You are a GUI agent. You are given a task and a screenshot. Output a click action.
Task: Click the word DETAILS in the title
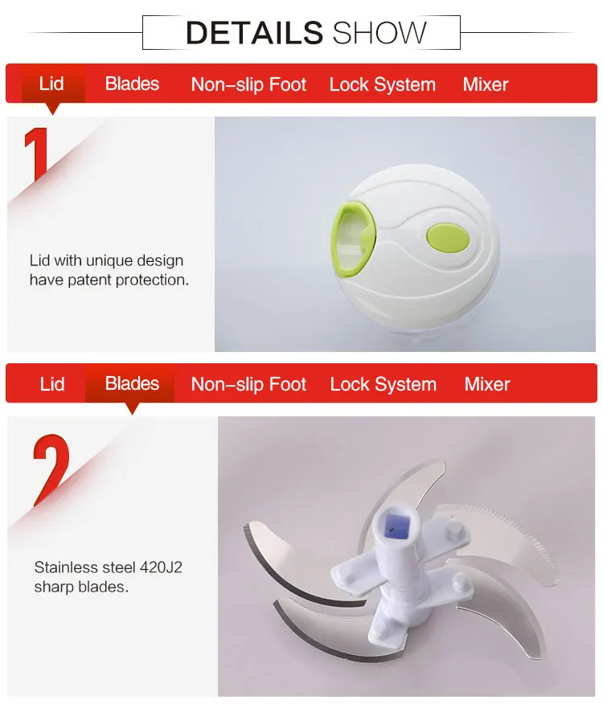pyautogui.click(x=254, y=33)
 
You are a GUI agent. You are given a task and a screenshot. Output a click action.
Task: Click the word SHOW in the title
pyautogui.click(x=379, y=33)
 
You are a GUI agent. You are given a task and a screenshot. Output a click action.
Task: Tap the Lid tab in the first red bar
pyautogui.click(x=51, y=84)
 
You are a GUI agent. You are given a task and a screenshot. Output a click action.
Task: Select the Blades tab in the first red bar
pyautogui.click(x=132, y=84)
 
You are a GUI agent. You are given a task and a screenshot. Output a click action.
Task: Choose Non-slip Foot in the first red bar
pyautogui.click(x=248, y=84)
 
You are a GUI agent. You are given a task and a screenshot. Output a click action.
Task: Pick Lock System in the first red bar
pyautogui.click(x=383, y=84)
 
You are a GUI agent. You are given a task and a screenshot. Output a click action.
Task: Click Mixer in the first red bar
pyautogui.click(x=486, y=84)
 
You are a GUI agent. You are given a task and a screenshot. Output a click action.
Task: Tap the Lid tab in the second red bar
pyautogui.click(x=52, y=384)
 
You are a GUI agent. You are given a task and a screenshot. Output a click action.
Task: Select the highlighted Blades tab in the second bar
pyautogui.click(x=132, y=383)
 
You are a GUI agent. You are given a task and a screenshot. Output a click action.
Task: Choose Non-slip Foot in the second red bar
pyautogui.click(x=248, y=384)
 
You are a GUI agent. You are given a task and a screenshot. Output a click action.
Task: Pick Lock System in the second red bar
pyautogui.click(x=384, y=384)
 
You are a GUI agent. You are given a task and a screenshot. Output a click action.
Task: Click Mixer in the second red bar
pyautogui.click(x=487, y=384)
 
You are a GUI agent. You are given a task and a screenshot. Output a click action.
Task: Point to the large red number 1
pyautogui.click(x=38, y=154)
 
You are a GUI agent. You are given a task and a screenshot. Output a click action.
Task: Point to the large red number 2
pyautogui.click(x=51, y=469)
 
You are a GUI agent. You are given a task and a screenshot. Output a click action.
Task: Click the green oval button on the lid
pyautogui.click(x=448, y=238)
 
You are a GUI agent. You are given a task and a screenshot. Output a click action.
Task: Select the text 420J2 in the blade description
pyautogui.click(x=161, y=567)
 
